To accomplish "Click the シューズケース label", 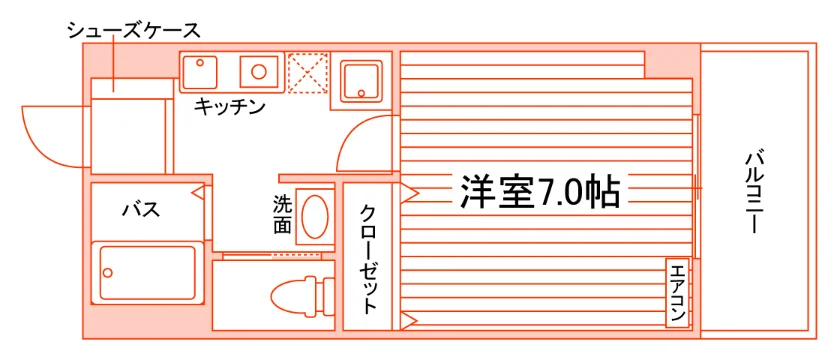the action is [x=133, y=31].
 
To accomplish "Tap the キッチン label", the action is [x=230, y=106].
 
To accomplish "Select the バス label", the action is [x=141, y=209].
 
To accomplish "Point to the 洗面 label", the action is [x=282, y=215].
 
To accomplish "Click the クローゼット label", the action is [x=368, y=258].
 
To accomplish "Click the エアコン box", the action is [x=677, y=292].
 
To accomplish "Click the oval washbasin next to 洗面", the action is [x=314, y=217].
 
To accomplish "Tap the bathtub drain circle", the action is [x=108, y=273].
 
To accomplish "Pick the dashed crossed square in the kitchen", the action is [x=308, y=73].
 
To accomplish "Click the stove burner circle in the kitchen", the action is [x=259, y=71].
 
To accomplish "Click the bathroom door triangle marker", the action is [x=199, y=191].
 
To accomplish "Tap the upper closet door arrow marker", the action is [x=409, y=193].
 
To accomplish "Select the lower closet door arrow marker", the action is [x=409, y=320].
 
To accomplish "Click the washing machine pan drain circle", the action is [x=361, y=92].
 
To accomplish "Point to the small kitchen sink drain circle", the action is [x=200, y=63].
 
